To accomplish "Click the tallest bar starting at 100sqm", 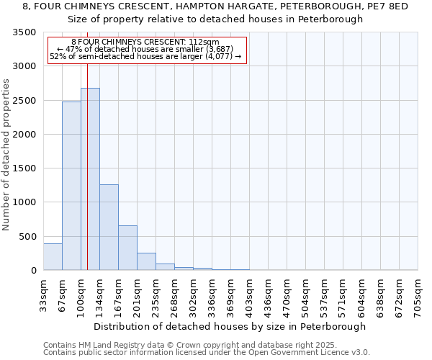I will [x=90, y=180].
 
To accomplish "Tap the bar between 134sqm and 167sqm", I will [x=109, y=227].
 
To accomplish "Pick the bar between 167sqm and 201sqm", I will [x=127, y=248].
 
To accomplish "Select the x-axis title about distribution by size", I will [x=230, y=326].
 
